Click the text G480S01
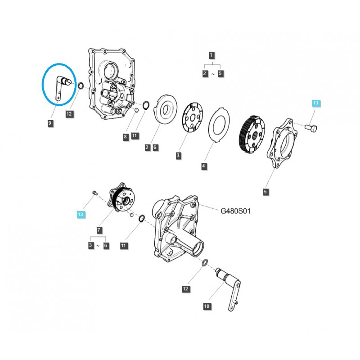[235, 210]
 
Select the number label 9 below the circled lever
[50, 122]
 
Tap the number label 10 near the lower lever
[207, 306]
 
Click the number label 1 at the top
[212, 55]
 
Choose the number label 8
[126, 135]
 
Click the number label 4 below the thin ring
[204, 166]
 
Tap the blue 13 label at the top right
[315, 103]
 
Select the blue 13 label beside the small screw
[81, 215]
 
